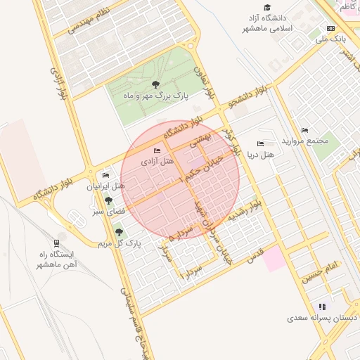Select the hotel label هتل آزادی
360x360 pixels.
[x=157, y=161]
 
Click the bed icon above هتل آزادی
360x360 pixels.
[x=157, y=151]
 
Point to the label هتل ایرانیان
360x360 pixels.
[x=106, y=186]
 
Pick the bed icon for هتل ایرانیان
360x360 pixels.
[x=105, y=176]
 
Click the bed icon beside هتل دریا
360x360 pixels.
[x=261, y=143]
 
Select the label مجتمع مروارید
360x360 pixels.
[x=305, y=140]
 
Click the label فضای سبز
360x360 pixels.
[x=108, y=210]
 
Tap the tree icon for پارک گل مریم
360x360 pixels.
[x=117, y=230]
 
